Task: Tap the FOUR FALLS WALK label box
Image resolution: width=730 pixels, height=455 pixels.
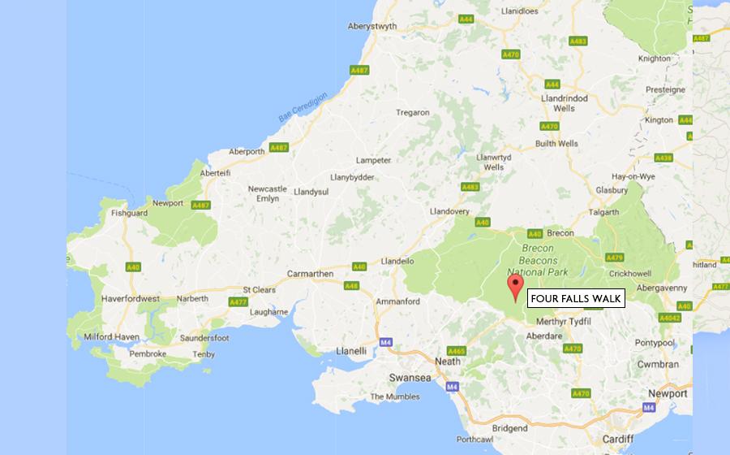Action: [x=576, y=299]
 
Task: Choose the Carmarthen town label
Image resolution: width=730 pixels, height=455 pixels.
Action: [x=310, y=274]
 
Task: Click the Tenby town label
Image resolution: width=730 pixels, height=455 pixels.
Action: [x=204, y=354]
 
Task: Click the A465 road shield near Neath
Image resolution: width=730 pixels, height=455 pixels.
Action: [x=457, y=351]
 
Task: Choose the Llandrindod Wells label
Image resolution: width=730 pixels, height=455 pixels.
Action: [x=564, y=102]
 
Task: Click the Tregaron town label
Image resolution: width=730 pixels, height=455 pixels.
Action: [x=413, y=112]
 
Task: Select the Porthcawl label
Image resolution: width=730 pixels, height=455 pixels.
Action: [x=475, y=440]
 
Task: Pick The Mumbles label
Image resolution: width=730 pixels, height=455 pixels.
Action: [x=395, y=396]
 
